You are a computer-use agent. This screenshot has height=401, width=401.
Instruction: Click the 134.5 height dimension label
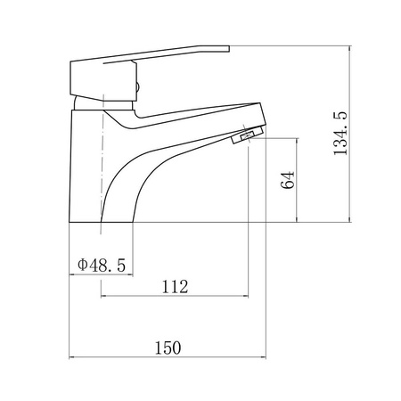pos(340,134)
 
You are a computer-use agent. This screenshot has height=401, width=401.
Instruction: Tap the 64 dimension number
pos(288,180)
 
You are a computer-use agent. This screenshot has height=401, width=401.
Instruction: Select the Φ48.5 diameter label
pos(102,265)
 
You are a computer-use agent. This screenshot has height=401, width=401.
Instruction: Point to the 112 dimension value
pos(175,287)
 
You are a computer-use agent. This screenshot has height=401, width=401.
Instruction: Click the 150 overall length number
pos(168,348)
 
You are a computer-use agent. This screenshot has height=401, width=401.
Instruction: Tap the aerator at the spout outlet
pos(248,135)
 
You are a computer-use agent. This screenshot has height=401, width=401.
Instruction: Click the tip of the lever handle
pos(229,49)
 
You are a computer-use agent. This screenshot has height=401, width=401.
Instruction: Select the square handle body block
pos(103,80)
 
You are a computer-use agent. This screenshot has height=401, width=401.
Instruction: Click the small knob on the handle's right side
pos(137,87)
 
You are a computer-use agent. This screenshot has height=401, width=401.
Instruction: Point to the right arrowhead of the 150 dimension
pos(264,357)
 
